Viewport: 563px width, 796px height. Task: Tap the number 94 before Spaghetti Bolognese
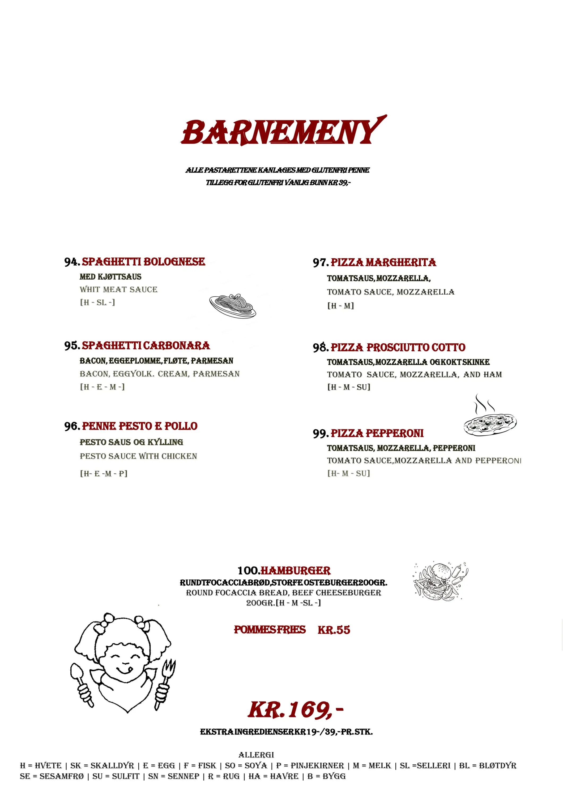coord(71,262)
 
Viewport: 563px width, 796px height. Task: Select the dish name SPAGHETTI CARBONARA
coord(146,346)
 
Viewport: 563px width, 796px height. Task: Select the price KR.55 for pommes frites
coord(334,630)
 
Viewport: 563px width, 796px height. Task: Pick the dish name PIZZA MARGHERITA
coord(383,262)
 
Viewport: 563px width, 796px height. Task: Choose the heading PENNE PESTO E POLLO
coord(140,426)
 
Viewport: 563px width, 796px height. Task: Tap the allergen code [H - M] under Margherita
coord(340,306)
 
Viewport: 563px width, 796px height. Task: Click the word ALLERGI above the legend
coord(256,755)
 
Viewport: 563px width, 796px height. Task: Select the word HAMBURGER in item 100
coord(296,571)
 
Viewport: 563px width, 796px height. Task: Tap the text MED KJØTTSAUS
coord(110,277)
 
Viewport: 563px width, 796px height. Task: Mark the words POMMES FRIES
coord(270,630)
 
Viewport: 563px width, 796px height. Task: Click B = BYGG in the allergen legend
coord(326,776)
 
